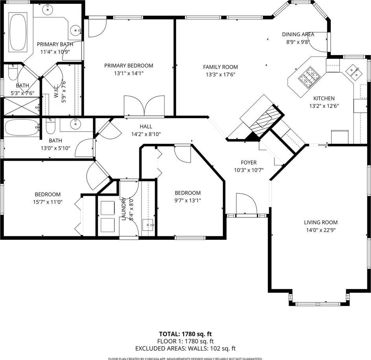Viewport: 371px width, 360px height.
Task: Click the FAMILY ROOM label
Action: click(220, 67)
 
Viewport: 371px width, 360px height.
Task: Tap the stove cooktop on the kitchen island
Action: click(309, 78)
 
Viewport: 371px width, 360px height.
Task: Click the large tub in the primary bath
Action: click(18, 32)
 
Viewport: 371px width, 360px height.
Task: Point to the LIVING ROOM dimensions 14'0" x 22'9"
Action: click(321, 230)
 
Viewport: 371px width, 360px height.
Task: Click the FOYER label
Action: click(249, 162)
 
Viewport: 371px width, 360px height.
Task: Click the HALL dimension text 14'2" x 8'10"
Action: click(146, 134)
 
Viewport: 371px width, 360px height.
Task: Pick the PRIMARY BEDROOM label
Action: click(129, 65)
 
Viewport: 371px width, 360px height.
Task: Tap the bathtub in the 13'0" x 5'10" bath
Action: click(22, 128)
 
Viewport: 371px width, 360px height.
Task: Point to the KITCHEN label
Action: click(324, 98)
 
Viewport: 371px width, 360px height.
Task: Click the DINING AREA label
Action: click(298, 34)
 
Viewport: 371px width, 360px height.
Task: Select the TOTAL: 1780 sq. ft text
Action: click(185, 334)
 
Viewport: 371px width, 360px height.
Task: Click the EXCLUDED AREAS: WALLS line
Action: click(185, 349)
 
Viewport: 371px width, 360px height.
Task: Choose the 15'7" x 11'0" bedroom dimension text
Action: click(48, 202)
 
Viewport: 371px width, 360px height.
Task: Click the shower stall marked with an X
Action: click(22, 106)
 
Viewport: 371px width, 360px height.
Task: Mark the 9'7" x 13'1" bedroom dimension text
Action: click(187, 200)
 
